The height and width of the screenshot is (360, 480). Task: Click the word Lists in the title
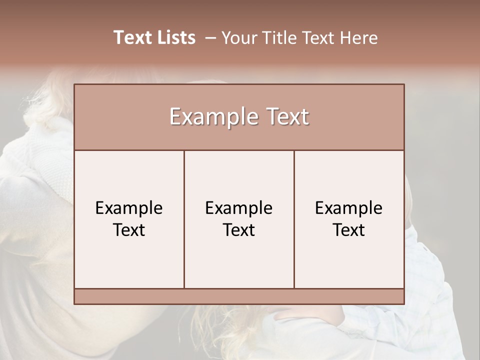(174, 37)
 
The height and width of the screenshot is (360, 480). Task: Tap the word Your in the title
(238, 38)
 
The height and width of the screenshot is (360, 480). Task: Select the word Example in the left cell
(129, 208)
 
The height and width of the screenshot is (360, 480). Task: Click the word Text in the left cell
(129, 230)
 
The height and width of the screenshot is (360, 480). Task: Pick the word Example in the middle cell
(239, 208)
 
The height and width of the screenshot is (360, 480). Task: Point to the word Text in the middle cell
(239, 230)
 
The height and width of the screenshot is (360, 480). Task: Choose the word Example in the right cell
(349, 208)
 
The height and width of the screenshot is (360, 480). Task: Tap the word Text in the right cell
(349, 230)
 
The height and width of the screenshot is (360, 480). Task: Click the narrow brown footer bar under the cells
(239, 296)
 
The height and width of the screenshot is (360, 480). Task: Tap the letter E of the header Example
(175, 117)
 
